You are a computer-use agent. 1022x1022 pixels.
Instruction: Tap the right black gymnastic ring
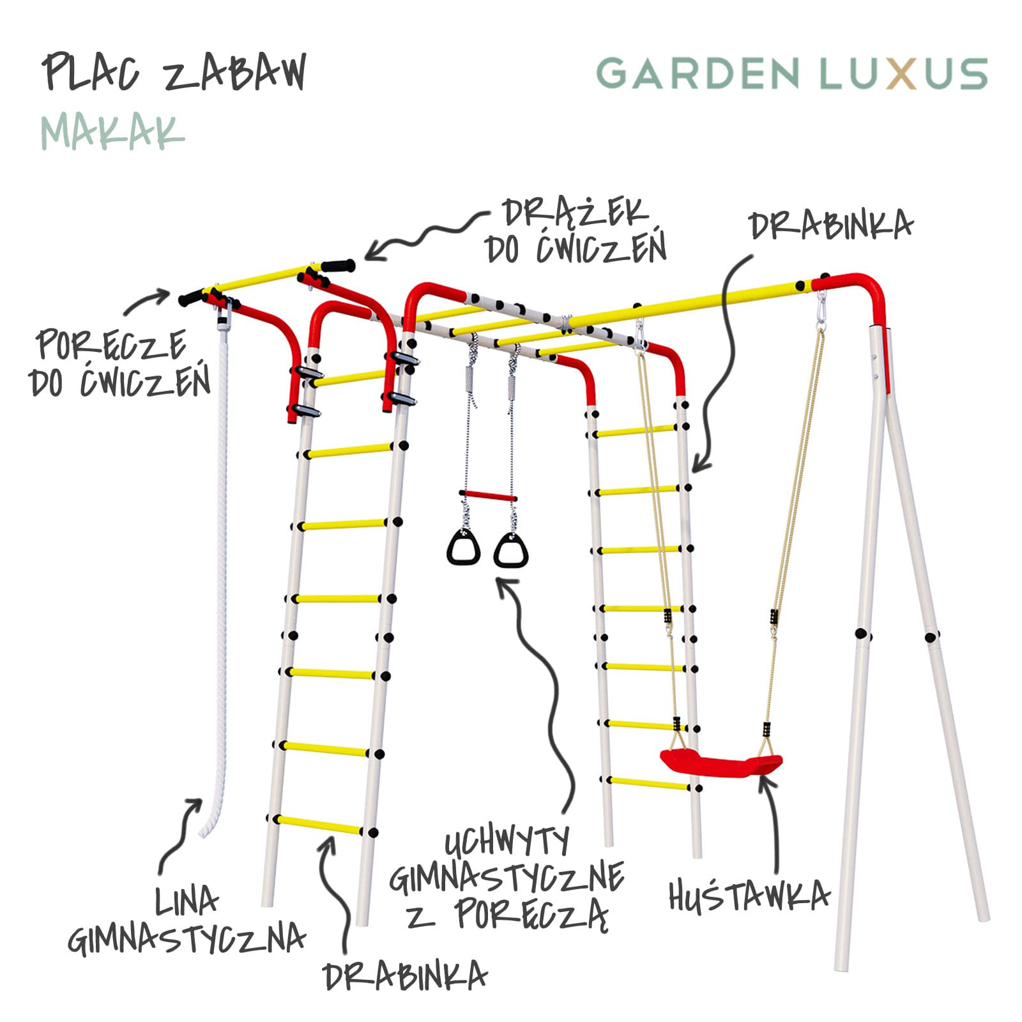click(x=511, y=551)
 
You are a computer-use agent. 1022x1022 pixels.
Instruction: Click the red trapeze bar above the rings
click(x=487, y=496)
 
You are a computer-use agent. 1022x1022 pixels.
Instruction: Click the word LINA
click(x=187, y=901)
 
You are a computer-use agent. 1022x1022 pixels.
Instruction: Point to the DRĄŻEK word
click(x=575, y=213)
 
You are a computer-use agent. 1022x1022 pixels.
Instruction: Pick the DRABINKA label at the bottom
click(x=405, y=977)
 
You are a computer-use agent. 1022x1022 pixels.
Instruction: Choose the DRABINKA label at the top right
click(x=830, y=225)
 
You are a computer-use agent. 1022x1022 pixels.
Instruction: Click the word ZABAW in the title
click(x=235, y=72)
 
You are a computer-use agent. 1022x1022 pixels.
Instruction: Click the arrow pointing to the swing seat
click(x=773, y=824)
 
